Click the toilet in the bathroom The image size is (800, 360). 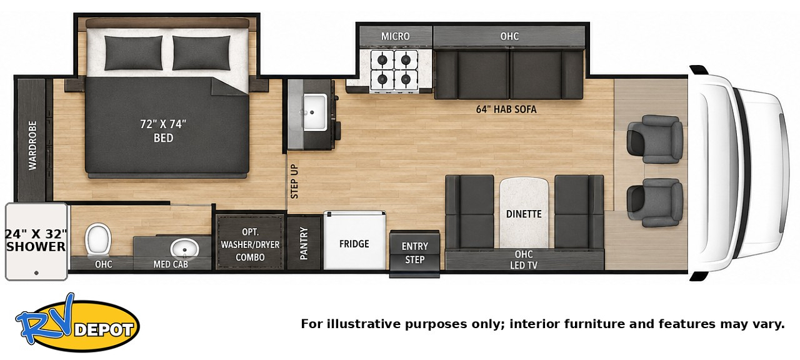tap(98, 239)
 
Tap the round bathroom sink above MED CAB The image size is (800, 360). tap(184, 247)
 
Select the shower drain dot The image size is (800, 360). tap(36, 273)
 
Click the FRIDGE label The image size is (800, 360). tap(354, 244)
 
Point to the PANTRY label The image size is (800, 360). tap(304, 243)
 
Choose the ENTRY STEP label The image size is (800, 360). tap(414, 253)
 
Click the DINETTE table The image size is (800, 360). tap(524, 214)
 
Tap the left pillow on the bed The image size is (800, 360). tap(134, 52)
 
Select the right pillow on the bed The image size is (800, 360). tap(201, 52)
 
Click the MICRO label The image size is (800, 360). tap(396, 36)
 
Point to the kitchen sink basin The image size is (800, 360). tap(314, 112)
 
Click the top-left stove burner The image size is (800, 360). tap(382, 59)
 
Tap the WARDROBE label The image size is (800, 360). tap(32, 146)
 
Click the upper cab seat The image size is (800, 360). tap(655, 139)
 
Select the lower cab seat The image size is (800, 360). tap(655, 202)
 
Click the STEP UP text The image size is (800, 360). tap(294, 181)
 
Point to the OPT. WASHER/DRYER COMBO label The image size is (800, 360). tap(250, 244)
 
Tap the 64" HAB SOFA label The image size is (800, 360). tap(506, 109)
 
